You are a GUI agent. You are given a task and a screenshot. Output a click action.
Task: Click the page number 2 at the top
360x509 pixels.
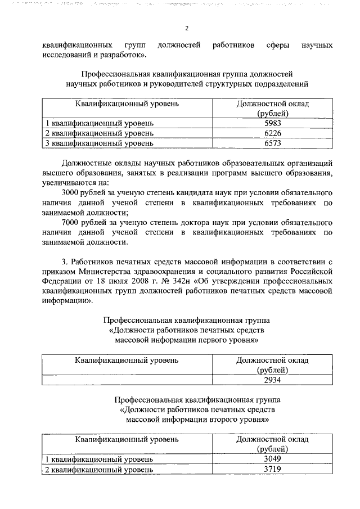pos(186,29)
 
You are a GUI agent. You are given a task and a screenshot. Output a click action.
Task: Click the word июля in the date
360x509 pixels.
pos(107,281)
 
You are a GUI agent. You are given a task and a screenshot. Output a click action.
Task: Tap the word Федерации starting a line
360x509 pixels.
pos(61,281)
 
